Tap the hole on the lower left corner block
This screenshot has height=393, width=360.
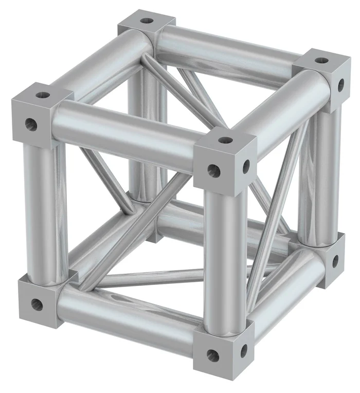coord(37,304)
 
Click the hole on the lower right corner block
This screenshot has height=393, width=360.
coord(335,261)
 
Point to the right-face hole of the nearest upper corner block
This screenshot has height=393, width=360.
coord(246,166)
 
